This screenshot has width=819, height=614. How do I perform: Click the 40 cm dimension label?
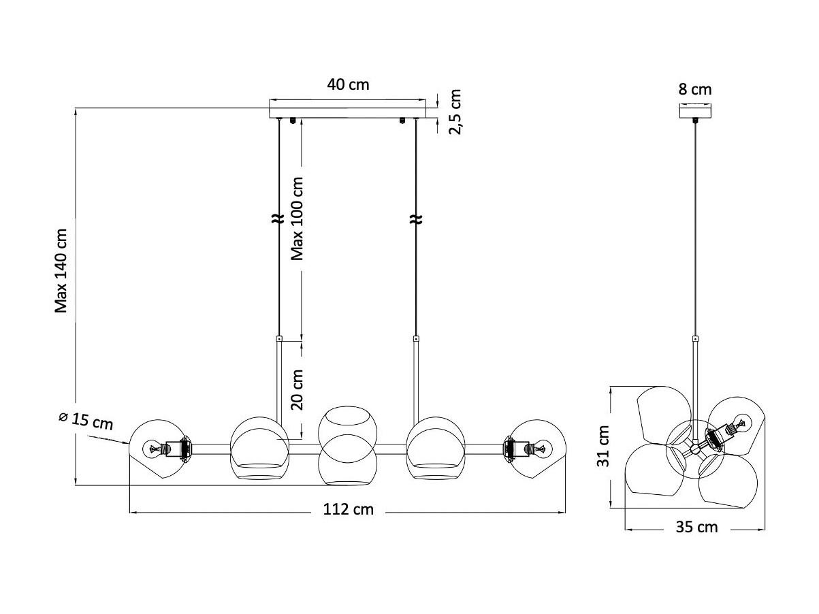click(x=348, y=84)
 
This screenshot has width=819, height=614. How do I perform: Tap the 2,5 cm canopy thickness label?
click(x=455, y=112)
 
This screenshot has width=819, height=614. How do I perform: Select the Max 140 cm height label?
click(x=61, y=271)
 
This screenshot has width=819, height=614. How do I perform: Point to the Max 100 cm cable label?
click(x=297, y=219)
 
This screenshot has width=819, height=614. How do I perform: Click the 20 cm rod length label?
click(x=297, y=390)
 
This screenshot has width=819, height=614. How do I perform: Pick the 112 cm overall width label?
click(x=348, y=509)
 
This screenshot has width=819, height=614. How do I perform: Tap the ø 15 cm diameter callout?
click(x=86, y=421)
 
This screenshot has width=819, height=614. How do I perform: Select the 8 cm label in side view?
click(x=694, y=90)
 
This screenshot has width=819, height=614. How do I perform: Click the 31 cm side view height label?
click(x=603, y=446)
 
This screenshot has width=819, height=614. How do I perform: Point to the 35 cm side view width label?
click(x=696, y=527)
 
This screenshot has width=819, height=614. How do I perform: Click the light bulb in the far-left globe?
click(x=154, y=449)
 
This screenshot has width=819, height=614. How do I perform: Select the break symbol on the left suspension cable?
click(x=278, y=219)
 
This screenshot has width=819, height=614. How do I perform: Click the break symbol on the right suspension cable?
click(x=416, y=219)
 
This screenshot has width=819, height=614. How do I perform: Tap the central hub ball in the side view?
click(x=695, y=449)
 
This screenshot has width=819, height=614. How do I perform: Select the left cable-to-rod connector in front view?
click(x=278, y=339)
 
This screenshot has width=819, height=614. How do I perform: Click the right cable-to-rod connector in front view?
click(x=416, y=339)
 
